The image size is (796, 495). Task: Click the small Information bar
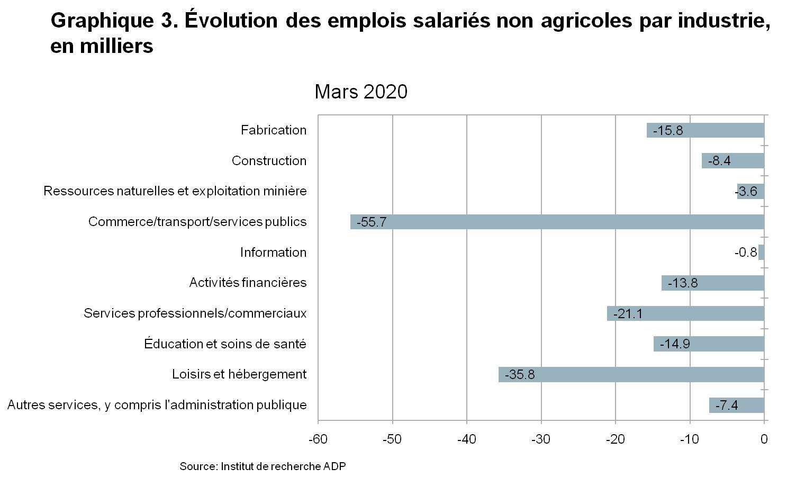pos(762,253)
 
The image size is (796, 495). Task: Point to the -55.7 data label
pos(372,222)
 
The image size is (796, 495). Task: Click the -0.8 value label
pos(746,253)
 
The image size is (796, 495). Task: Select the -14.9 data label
pos(675,344)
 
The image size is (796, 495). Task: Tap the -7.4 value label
pos(727,406)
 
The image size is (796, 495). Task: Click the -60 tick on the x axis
pos(318,439)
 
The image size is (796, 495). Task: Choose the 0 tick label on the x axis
pos(764,439)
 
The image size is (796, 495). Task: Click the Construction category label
pos(269,161)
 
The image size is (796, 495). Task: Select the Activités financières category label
pos(248,283)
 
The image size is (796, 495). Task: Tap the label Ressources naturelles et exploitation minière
pos(175,191)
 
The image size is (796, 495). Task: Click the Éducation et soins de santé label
pos(225,344)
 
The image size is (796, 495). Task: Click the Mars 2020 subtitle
pos(361,92)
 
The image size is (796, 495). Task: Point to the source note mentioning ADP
pos(263,466)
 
